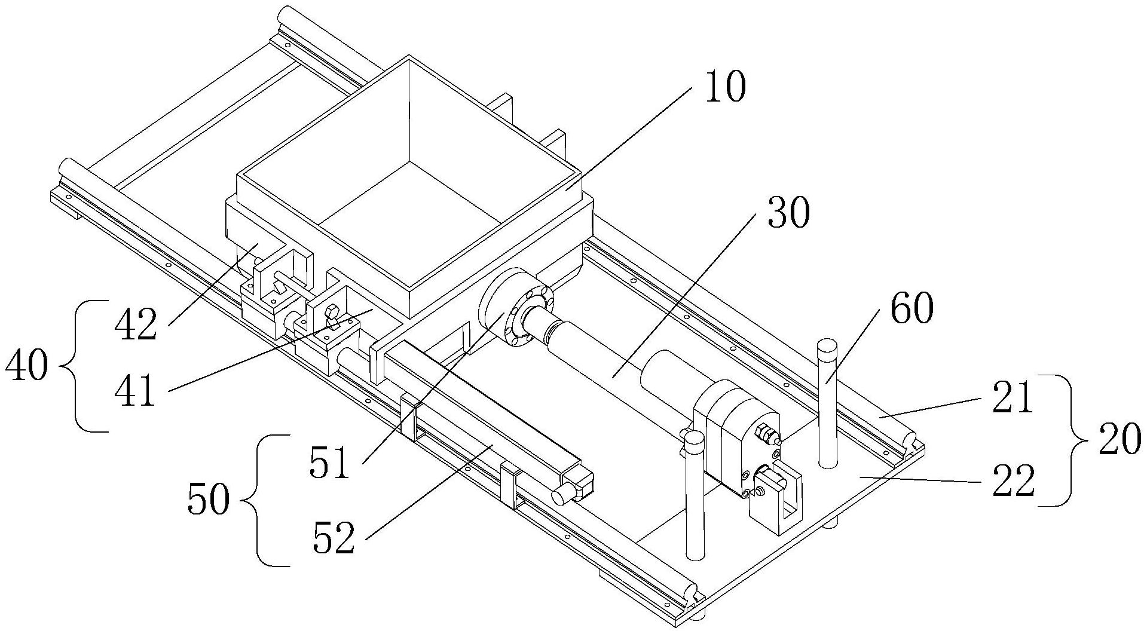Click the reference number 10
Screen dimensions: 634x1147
click(x=726, y=88)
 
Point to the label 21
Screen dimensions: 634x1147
click(x=1012, y=399)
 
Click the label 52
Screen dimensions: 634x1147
click(x=334, y=537)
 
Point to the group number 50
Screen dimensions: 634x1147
click(x=207, y=500)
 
